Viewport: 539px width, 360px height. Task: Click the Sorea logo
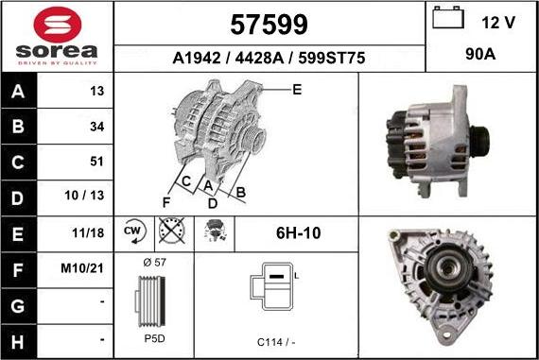coord(57,36)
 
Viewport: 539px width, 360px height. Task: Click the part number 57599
coord(269,23)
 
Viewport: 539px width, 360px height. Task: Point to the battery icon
coord(446,20)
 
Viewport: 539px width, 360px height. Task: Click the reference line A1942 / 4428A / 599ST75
coord(269,58)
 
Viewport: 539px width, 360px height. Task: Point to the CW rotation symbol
coord(132,231)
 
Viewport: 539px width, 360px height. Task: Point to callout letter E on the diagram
coord(296,90)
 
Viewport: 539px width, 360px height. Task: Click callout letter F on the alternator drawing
coord(165,201)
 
